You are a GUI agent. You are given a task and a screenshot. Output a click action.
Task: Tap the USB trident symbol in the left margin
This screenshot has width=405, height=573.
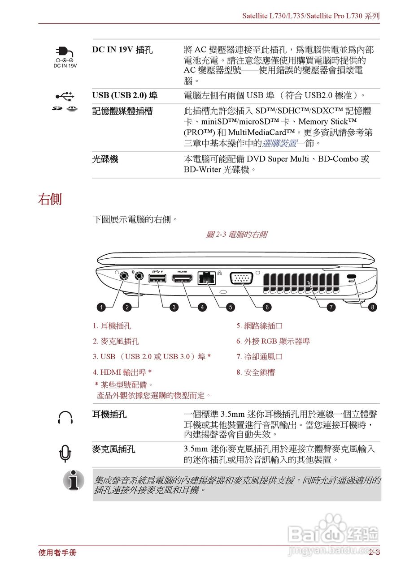pos(65,96)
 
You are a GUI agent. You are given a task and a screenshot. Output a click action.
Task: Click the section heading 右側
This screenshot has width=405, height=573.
pos(50,199)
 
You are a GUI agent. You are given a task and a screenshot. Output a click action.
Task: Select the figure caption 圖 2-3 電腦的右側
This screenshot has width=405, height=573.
pos(236,234)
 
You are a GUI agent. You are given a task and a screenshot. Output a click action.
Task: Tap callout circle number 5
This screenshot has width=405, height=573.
pos(230,307)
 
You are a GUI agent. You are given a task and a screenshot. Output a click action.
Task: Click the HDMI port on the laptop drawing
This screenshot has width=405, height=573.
pos(182,279)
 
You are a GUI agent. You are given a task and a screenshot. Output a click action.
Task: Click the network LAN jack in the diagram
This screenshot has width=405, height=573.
pos(206,278)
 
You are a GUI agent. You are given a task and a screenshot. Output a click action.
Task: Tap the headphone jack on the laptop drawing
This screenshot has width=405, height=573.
pos(124,277)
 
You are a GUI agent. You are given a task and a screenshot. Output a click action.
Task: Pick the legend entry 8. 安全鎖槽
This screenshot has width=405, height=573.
pos(256,372)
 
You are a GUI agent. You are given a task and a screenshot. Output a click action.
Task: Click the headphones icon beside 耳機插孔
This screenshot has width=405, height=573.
pos(65,417)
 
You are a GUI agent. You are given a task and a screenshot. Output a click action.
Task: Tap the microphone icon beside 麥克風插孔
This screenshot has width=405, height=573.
pos(65,453)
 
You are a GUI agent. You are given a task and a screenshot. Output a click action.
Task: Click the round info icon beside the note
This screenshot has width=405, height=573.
pos(74,481)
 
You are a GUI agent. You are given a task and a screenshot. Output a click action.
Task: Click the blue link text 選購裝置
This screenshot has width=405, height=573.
pos(279,143)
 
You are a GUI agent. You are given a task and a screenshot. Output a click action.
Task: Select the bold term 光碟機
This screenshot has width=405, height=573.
pos(105,159)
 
